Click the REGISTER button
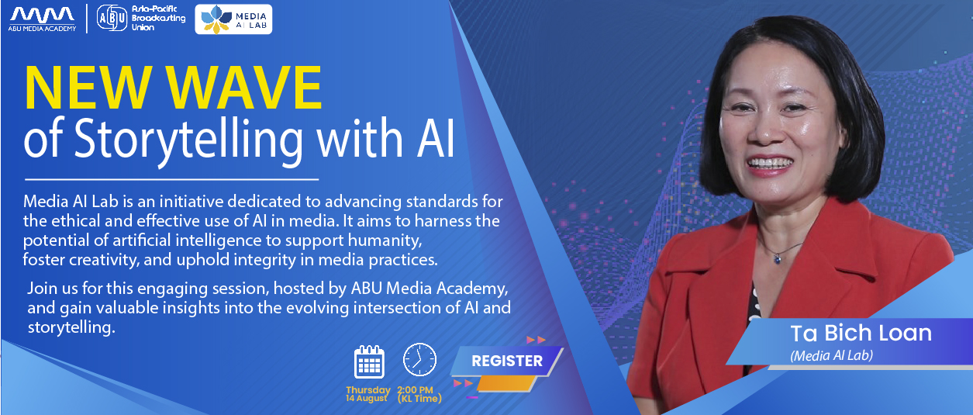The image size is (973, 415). pyautogui.click(x=507, y=361)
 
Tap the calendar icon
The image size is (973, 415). pyautogui.click(x=369, y=361)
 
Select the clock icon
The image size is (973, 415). pyautogui.click(x=419, y=359)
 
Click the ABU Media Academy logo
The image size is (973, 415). pyautogui.click(x=42, y=19)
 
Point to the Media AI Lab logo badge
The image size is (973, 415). pyautogui.click(x=233, y=19)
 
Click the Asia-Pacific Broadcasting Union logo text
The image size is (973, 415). pyautogui.click(x=158, y=18)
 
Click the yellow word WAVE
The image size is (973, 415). pyautogui.click(x=246, y=88)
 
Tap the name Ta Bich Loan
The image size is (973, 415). pyautogui.click(x=861, y=334)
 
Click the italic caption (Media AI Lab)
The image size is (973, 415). pyautogui.click(x=831, y=355)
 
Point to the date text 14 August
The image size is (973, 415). pyautogui.click(x=367, y=398)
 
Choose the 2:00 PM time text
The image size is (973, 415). pyautogui.click(x=415, y=390)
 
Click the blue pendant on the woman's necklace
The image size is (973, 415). pyautogui.click(x=777, y=259)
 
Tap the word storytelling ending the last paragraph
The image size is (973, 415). pyautogui.click(x=71, y=327)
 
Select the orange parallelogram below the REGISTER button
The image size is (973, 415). pyautogui.click(x=506, y=384)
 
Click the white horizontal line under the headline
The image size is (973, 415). pyautogui.click(x=171, y=179)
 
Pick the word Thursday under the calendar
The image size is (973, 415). pyautogui.click(x=368, y=390)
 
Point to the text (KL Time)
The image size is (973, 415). pyautogui.click(x=419, y=399)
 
